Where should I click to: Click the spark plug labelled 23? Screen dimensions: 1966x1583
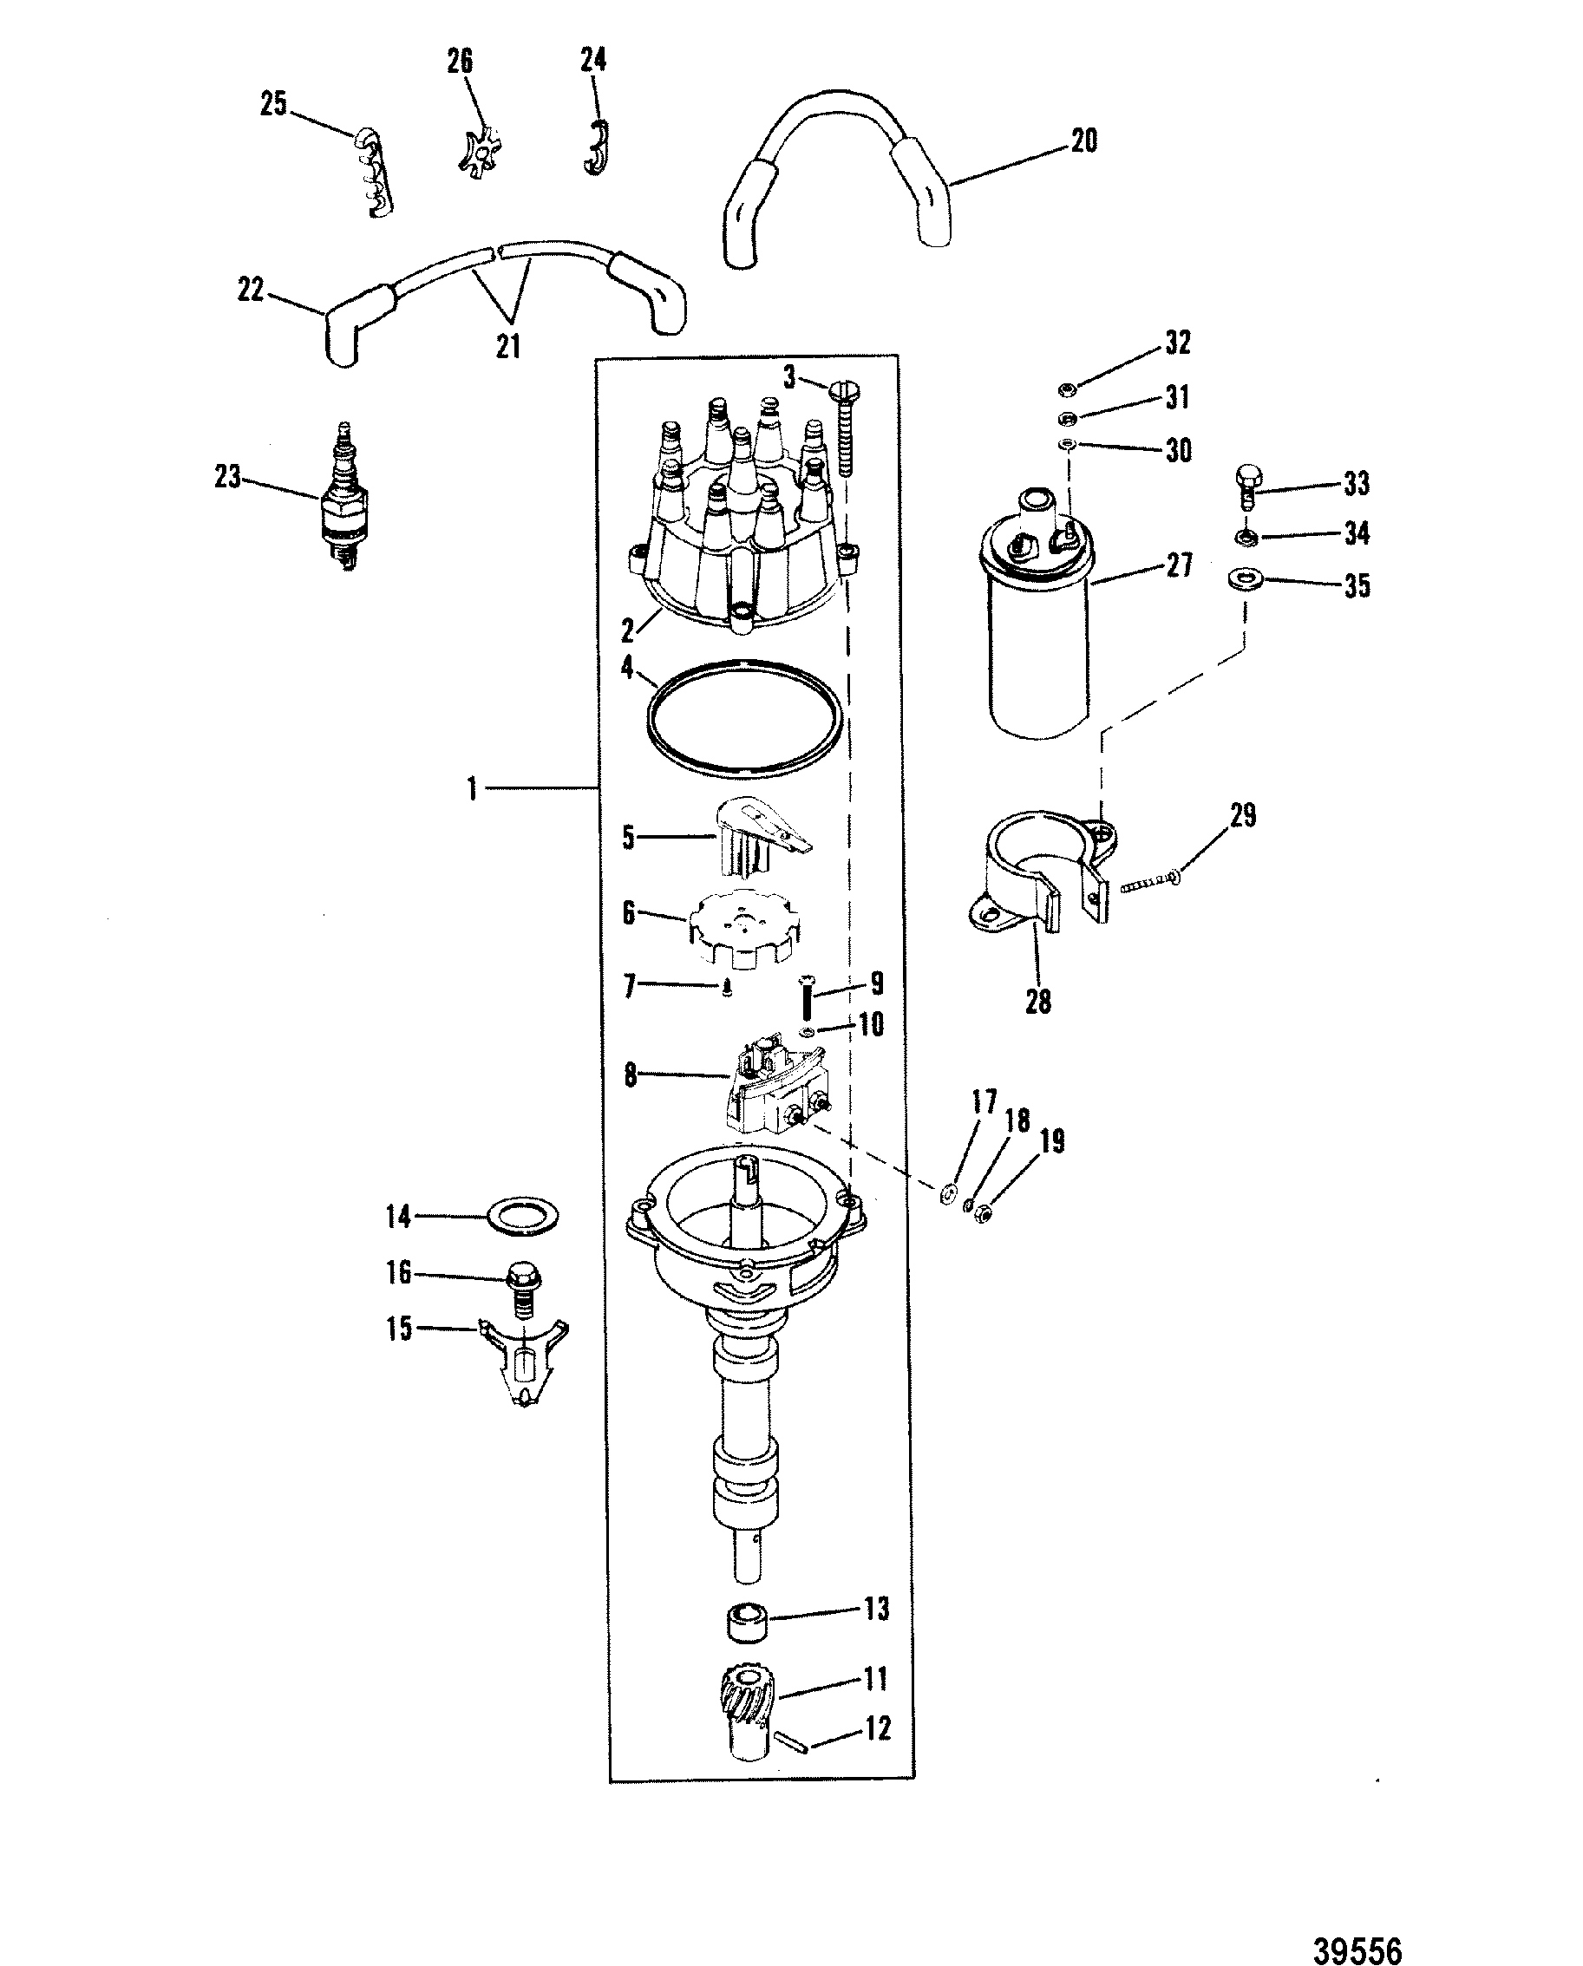pyautogui.click(x=344, y=500)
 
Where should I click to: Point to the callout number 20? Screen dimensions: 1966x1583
pyautogui.click(x=1083, y=141)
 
